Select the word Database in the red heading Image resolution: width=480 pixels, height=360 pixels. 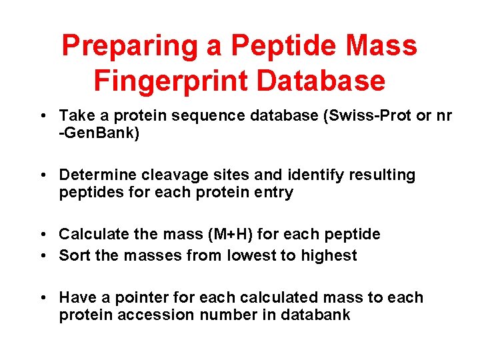click(321, 81)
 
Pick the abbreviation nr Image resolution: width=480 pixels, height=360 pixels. click(443, 116)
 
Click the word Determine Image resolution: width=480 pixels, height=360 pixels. click(95, 175)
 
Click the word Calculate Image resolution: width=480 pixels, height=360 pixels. click(91, 234)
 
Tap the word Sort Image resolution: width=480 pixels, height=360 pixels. click(75, 255)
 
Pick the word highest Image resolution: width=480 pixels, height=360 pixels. click(327, 255)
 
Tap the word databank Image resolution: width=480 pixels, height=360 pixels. click(316, 315)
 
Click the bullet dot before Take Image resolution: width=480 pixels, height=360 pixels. click(42, 117)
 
